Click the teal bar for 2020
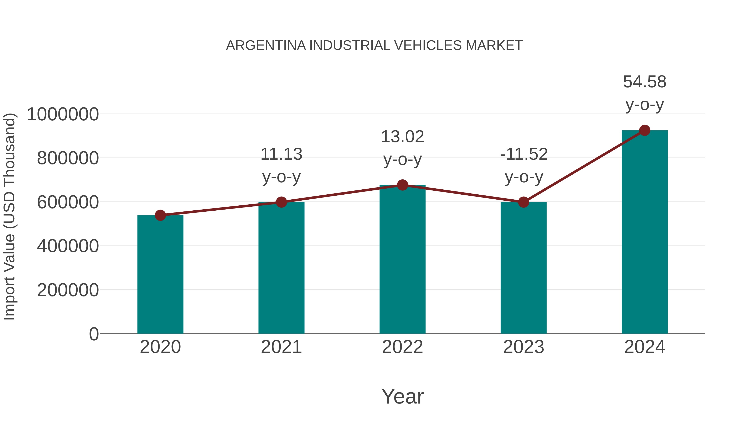[160, 275]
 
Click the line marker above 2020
[160, 215]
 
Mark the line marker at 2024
[645, 130]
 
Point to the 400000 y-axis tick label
[68, 246]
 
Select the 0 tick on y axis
[94, 334]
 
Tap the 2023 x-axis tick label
[523, 347]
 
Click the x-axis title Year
[402, 396]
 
